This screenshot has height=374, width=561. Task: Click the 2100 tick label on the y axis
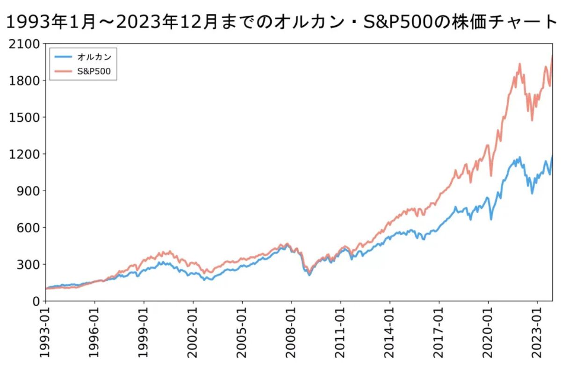coord(23,44)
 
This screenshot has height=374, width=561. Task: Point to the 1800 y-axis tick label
coord(23,80)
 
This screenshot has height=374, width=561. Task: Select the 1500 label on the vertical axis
coord(23,117)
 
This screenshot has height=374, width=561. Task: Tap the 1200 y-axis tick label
coord(23,154)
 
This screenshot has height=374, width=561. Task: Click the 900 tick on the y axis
coord(27,191)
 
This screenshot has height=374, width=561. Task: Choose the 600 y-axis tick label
coord(27,228)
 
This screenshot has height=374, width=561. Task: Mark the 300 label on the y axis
coord(27,265)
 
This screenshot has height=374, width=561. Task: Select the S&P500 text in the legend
coord(93,71)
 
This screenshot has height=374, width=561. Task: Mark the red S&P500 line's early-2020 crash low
coord(491,176)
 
